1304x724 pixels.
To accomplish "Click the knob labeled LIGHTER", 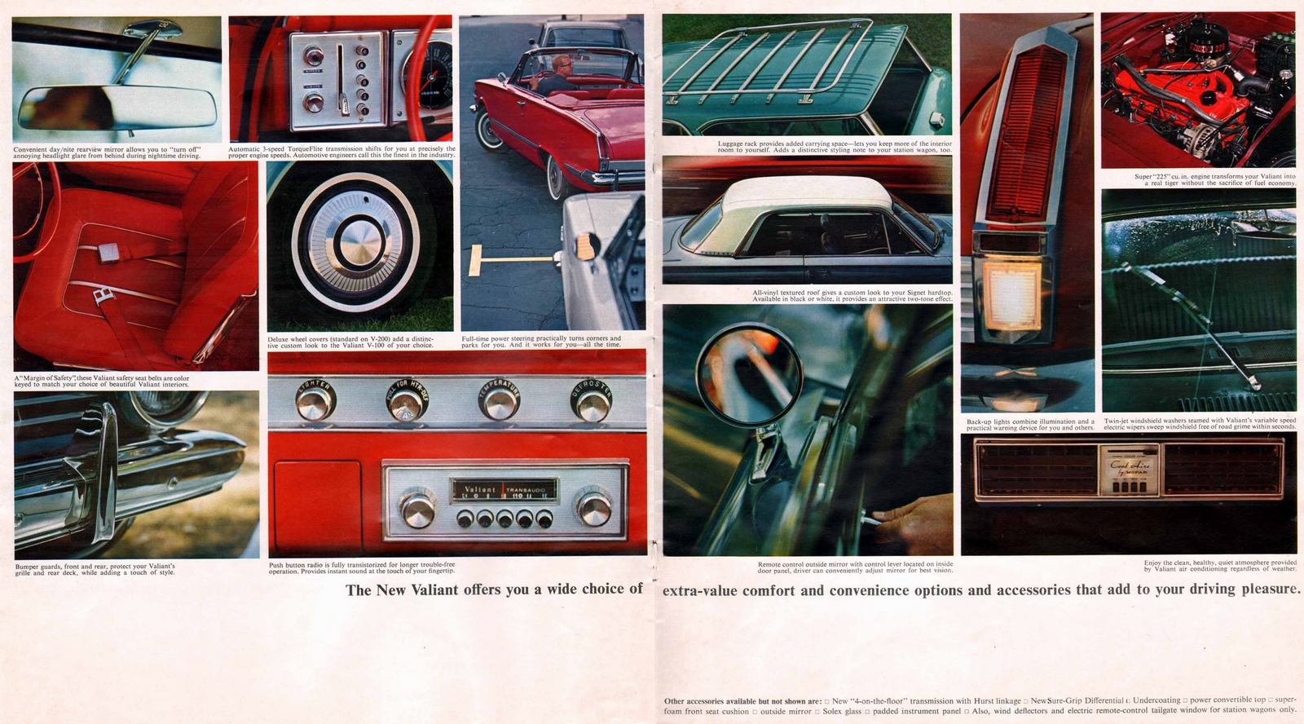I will tap(315, 401).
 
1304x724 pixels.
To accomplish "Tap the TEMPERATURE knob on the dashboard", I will tap(499, 401).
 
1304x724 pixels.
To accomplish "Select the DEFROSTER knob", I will tap(592, 401).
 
